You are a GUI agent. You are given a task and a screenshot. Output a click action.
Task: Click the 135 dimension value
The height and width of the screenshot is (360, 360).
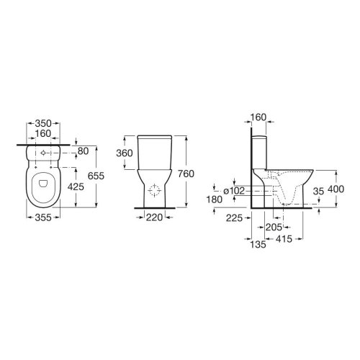[x=258, y=244]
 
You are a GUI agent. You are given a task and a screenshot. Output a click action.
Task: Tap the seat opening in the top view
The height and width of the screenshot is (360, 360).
[x=45, y=185]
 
